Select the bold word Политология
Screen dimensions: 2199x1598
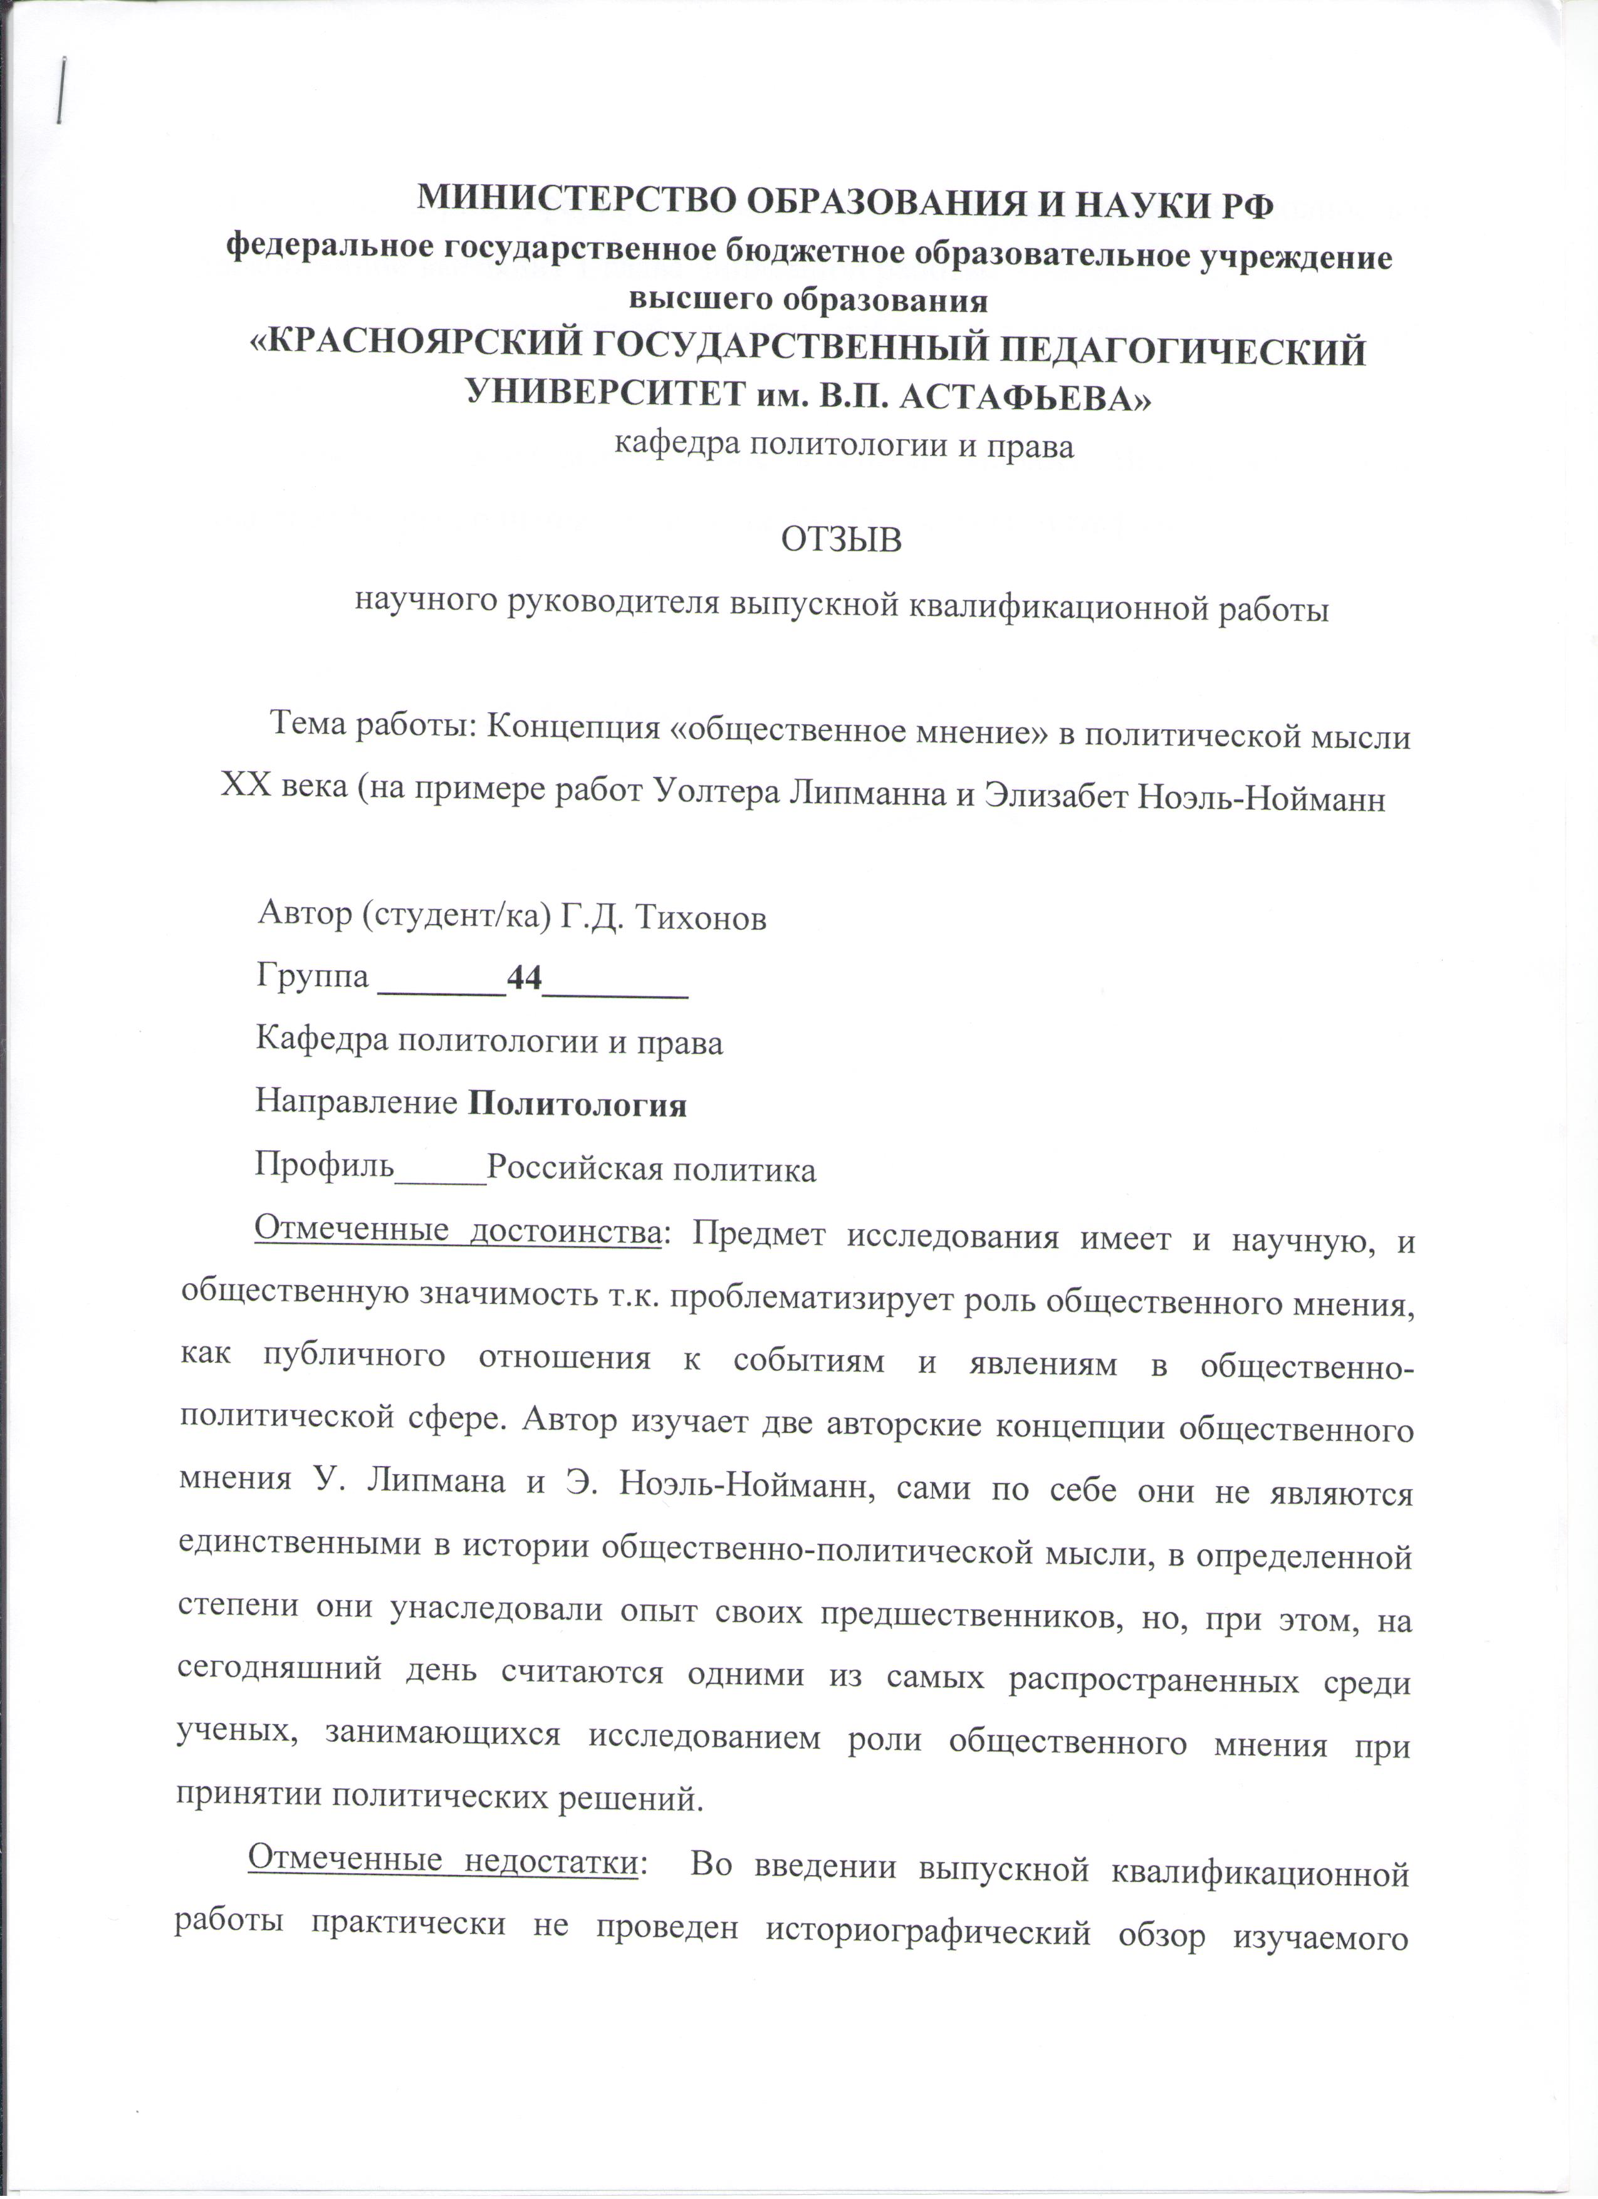[x=577, y=1105]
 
